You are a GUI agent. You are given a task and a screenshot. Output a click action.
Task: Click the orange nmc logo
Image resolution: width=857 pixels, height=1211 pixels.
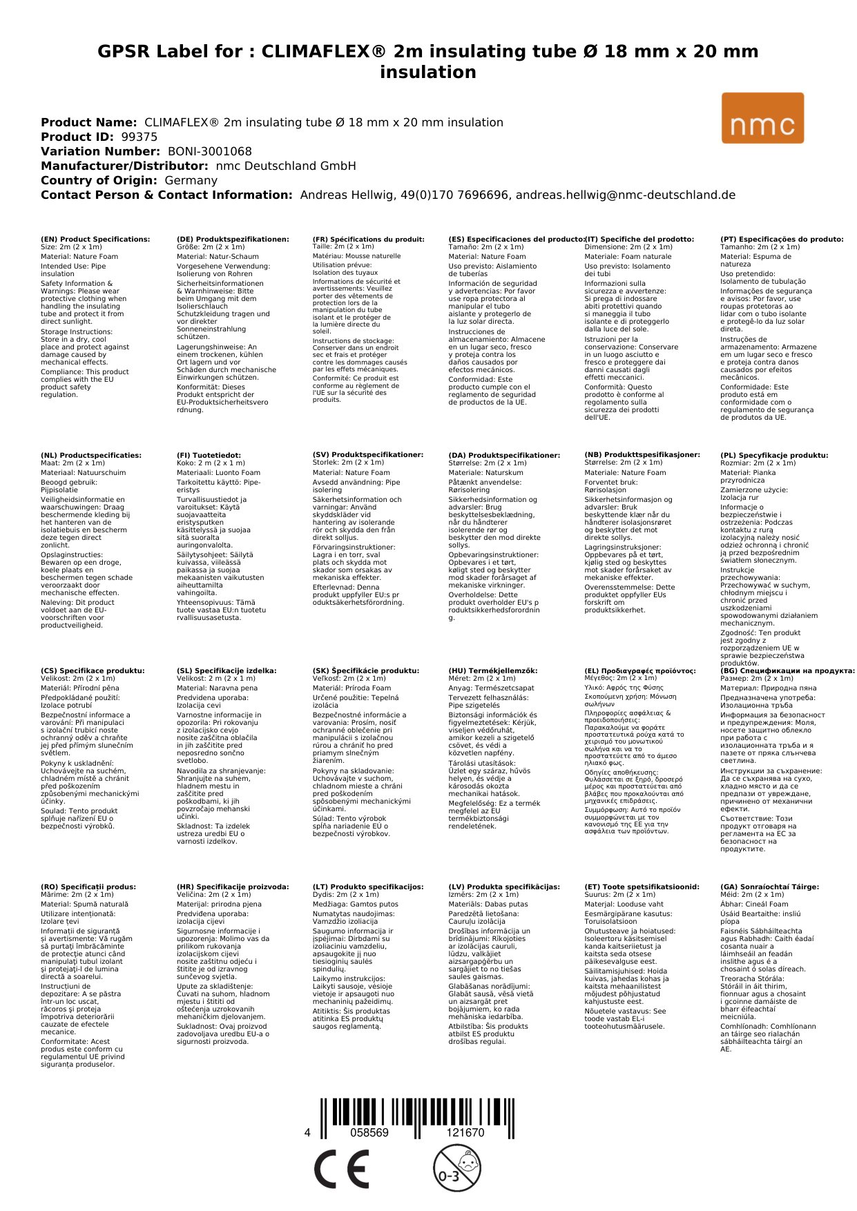tap(762, 118)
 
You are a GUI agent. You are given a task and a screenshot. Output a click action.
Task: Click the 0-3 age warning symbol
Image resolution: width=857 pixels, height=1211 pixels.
tap(456, 1168)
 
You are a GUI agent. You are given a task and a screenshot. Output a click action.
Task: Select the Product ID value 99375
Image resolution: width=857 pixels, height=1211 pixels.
tap(139, 137)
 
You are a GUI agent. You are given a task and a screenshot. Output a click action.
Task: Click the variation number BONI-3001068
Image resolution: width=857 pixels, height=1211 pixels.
tap(210, 151)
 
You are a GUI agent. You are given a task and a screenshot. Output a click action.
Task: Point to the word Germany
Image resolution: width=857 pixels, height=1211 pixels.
tap(191, 180)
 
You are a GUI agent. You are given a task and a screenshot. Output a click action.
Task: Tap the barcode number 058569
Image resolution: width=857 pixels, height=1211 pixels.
tap(369, 1132)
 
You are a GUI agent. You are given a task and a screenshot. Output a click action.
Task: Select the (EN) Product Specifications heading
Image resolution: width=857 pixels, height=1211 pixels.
tap(95, 239)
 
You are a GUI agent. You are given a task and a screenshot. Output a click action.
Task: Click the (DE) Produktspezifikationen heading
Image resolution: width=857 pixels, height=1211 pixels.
tap(233, 239)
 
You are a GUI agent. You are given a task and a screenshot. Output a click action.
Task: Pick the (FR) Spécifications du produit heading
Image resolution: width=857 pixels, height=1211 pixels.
tap(368, 239)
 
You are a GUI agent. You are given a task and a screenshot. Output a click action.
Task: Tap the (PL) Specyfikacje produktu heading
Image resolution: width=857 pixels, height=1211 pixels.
tap(774, 455)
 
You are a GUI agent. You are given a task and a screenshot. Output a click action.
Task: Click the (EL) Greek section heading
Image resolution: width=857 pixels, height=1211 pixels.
tap(640, 670)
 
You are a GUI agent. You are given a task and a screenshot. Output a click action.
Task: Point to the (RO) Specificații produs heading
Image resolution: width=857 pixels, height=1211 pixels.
tap(88, 887)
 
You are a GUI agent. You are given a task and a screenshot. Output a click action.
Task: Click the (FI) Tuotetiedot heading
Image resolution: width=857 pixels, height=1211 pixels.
tap(209, 455)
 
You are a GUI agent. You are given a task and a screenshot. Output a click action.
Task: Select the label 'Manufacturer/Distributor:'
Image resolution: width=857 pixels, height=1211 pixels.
tap(124, 166)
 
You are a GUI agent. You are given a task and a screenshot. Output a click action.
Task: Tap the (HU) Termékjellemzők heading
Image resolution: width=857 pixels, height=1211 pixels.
tap(492, 670)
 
